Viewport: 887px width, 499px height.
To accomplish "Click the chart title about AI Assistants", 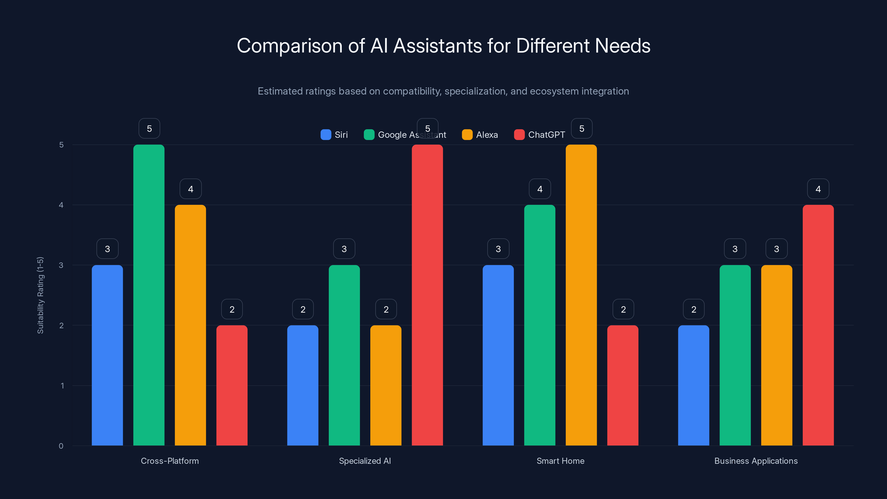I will click(x=443, y=46).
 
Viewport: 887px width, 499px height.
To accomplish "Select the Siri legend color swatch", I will click(x=326, y=135).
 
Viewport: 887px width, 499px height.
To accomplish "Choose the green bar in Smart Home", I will click(x=540, y=325).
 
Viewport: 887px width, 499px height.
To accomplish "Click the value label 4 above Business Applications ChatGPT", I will click(x=818, y=189).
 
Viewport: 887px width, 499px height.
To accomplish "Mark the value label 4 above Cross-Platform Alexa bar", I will click(x=190, y=189).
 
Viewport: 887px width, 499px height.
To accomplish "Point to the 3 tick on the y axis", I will click(x=61, y=265).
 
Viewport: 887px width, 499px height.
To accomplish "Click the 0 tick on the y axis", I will click(x=61, y=446).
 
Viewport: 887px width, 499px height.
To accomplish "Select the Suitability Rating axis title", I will click(x=40, y=295).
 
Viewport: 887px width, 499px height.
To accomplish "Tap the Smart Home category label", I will click(x=560, y=461).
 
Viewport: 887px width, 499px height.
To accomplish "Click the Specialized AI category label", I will click(x=365, y=461).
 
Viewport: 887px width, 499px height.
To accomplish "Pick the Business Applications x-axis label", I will click(x=756, y=461).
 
